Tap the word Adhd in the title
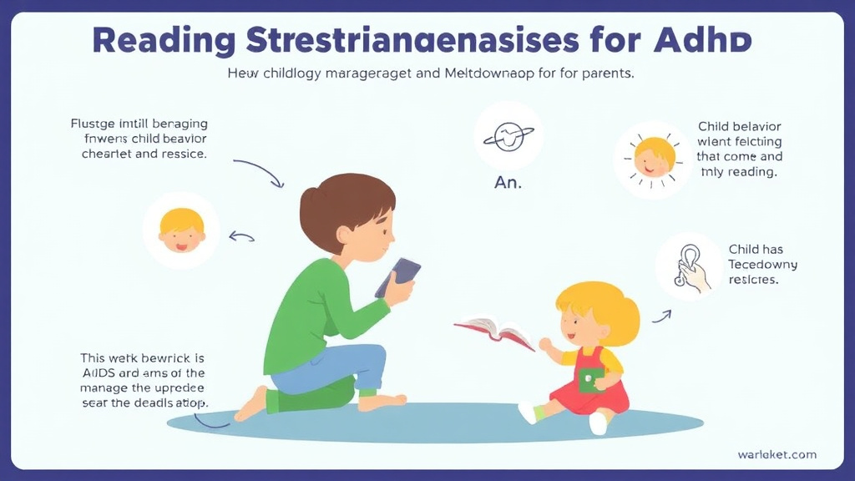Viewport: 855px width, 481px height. (707, 41)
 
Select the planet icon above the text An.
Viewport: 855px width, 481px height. (508, 136)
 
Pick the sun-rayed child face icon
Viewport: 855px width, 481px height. (654, 158)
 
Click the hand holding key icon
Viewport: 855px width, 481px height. (690, 266)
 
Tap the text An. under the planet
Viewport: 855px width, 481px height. (508, 183)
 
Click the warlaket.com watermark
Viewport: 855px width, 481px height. (777, 454)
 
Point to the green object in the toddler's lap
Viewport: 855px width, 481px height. (590, 380)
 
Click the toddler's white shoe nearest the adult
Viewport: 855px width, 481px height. (528, 412)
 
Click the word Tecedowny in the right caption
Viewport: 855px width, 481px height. (762, 265)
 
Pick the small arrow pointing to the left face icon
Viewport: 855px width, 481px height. (241, 237)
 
